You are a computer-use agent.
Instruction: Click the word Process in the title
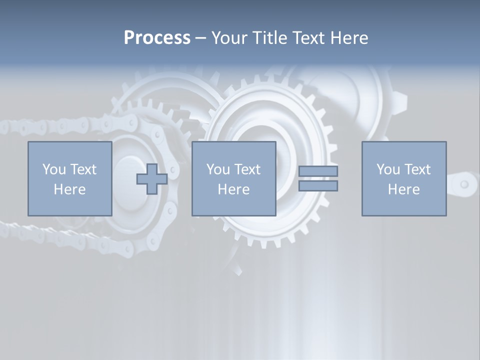[157, 38]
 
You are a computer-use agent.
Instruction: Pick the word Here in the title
[348, 38]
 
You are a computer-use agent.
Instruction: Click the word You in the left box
[54, 169]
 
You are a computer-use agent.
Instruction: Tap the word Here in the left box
[69, 189]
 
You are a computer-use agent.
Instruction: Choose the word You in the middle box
[218, 169]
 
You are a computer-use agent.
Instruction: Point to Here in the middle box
[233, 189]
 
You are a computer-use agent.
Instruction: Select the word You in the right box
[388, 169]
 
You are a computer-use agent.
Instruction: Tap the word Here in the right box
[403, 189]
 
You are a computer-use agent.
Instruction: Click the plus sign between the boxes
[152, 178]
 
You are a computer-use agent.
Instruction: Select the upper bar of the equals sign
[318, 171]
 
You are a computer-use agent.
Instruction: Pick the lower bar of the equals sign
[318, 185]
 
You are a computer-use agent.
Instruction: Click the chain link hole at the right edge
[464, 184]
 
